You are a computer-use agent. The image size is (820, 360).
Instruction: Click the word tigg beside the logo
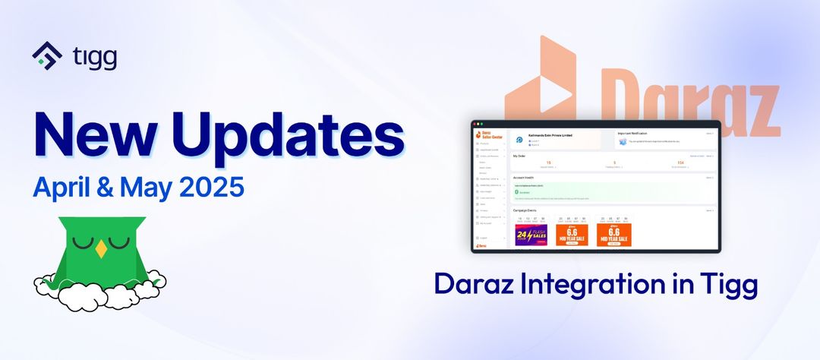[x=95, y=57]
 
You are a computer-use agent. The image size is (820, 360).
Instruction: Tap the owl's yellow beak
[x=100, y=248]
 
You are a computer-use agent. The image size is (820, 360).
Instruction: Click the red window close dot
[x=475, y=124]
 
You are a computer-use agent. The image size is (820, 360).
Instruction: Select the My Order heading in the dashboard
[x=519, y=156]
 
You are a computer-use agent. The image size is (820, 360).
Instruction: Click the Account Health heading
[x=525, y=177]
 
